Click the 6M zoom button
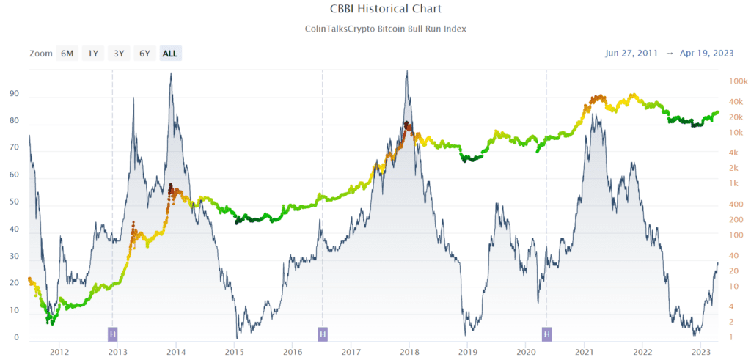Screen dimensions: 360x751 coord(67,53)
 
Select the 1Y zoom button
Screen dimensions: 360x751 coord(92,53)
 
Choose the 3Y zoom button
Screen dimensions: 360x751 coord(118,53)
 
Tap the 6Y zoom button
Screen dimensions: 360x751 coord(144,53)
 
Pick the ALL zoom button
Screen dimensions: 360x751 coord(170,53)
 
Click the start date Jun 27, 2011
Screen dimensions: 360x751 coord(631,53)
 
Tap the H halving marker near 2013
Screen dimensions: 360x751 coord(112,334)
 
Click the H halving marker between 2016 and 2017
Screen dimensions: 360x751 coord(323,334)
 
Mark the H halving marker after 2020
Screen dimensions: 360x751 coord(546,334)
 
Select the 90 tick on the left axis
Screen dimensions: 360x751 coord(13,95)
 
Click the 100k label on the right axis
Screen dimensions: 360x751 coord(738,81)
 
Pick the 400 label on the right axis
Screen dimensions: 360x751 coord(736,219)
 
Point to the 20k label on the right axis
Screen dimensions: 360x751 coord(736,117)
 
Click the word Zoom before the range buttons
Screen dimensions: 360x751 coord(41,53)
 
